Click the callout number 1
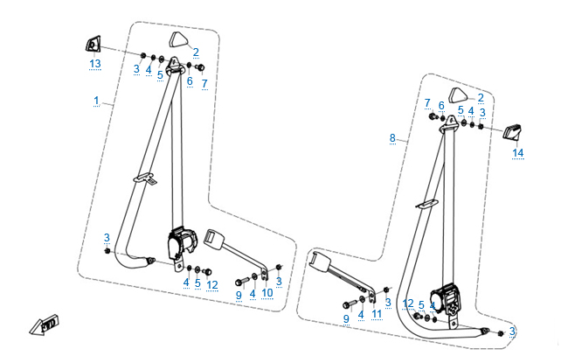(x=96, y=101)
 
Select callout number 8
(x=392, y=138)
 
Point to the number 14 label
(x=517, y=153)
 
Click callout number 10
(x=267, y=293)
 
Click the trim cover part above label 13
(x=93, y=44)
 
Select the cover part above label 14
(x=513, y=131)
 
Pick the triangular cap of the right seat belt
(x=459, y=94)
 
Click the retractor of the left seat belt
(x=182, y=243)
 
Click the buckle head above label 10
(x=215, y=237)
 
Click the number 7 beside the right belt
(x=427, y=103)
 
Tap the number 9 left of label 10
(x=239, y=295)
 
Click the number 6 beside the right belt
(x=441, y=105)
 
